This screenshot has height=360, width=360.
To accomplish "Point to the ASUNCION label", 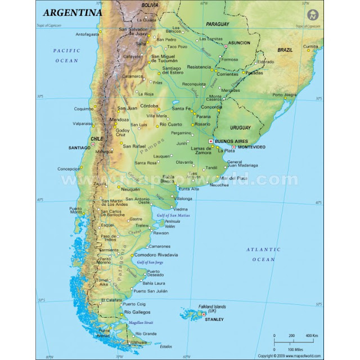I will point(240,43).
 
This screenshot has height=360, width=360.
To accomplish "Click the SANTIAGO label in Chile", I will point(79,147).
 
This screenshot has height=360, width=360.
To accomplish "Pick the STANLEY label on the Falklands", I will point(214,319).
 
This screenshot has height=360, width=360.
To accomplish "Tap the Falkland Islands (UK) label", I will point(212,309).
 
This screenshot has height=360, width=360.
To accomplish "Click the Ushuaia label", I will point(138,341).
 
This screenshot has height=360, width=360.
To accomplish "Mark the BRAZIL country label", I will point(285,50).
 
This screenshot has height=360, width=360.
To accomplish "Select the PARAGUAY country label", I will point(218,24).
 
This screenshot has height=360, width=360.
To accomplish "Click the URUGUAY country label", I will point(241,127).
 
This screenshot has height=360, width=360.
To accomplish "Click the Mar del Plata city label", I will point(233,178).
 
